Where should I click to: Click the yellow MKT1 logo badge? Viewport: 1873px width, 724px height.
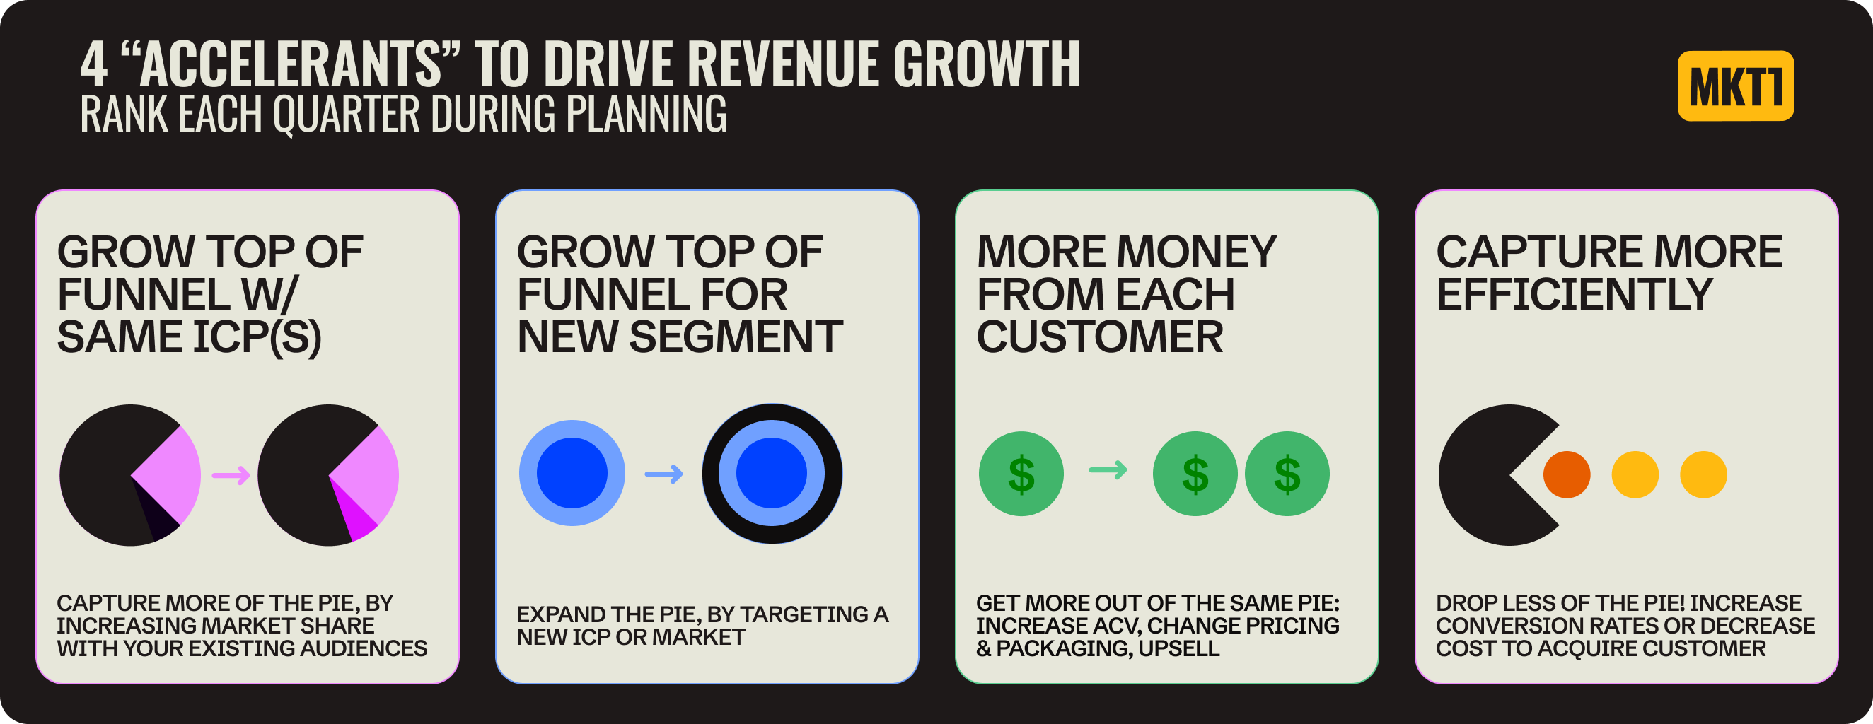pyautogui.click(x=1735, y=86)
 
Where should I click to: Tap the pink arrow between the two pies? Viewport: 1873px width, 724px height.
pyautogui.click(x=231, y=476)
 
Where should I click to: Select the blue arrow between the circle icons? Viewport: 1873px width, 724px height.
pyautogui.click(x=664, y=474)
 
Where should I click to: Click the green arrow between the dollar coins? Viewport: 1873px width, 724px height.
pyautogui.click(x=1108, y=470)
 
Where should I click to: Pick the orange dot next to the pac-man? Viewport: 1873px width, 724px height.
pyautogui.click(x=1566, y=474)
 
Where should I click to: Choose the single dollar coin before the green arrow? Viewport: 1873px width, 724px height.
pyautogui.click(x=1021, y=474)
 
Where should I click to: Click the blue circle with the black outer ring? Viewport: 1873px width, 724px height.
pyautogui.click(x=772, y=473)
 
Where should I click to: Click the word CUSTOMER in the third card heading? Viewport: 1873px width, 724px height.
pyautogui.click(x=1099, y=337)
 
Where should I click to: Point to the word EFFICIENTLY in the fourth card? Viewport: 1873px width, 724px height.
pyautogui.click(x=1575, y=294)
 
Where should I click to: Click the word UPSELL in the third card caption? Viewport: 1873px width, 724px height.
pyautogui.click(x=1178, y=648)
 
